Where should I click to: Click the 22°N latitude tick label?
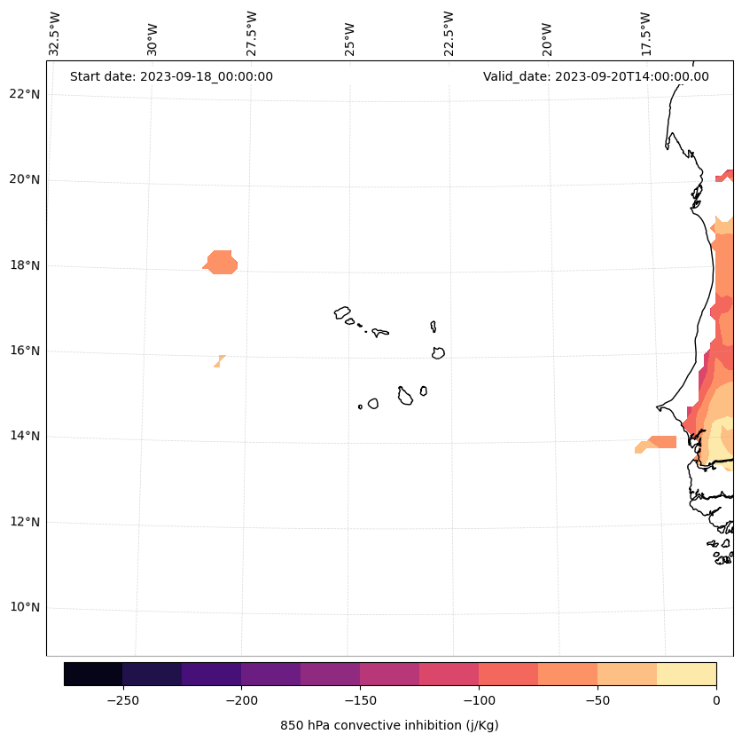tap(24, 94)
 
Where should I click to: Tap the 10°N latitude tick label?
tap(24, 608)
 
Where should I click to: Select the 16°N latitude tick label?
tap(24, 351)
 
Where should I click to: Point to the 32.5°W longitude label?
tap(56, 34)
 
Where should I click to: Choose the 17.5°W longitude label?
tap(645, 34)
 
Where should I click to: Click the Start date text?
tap(171, 76)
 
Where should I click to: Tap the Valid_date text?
tap(596, 76)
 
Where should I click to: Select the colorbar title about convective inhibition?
tap(389, 725)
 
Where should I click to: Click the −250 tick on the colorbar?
tap(122, 700)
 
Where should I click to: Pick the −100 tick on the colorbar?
tap(479, 700)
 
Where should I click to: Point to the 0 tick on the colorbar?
tap(715, 700)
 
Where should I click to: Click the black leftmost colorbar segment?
tap(93, 674)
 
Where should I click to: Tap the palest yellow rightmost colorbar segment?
tap(686, 674)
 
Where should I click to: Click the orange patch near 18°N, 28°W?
tap(221, 263)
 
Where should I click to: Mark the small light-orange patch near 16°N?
tap(218, 360)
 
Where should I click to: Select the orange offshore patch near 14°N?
tap(659, 443)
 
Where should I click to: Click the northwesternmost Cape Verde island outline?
tap(342, 312)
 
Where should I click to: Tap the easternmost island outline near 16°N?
tap(438, 352)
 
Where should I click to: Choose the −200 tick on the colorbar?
tap(241, 700)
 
